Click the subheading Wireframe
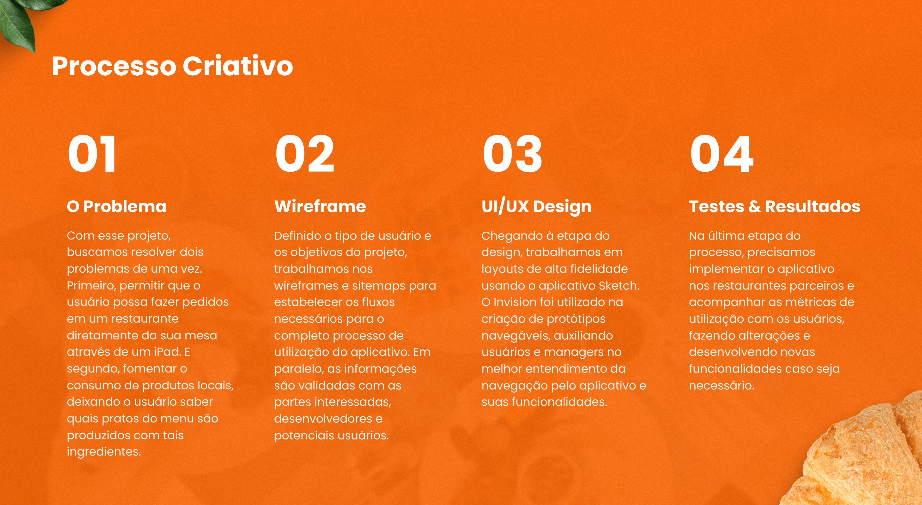tap(320, 206)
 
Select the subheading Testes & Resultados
tap(775, 206)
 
